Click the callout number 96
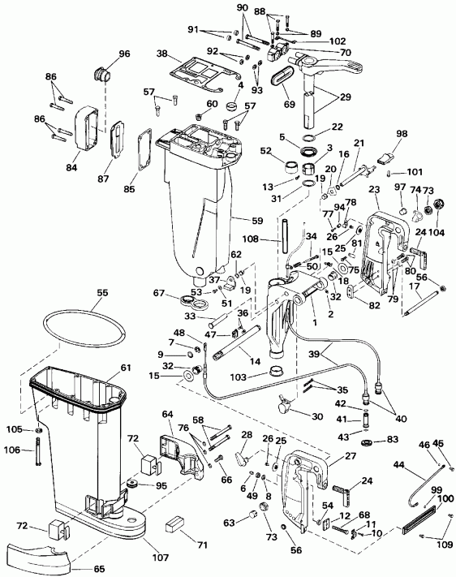(x=123, y=54)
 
